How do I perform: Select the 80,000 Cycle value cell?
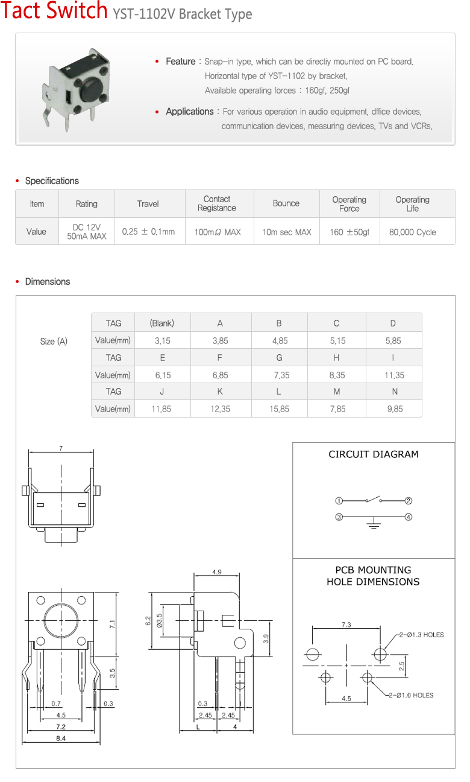pos(413,232)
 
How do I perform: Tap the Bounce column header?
pos(286,203)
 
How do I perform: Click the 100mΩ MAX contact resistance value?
pos(217,232)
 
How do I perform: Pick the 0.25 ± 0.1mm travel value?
pos(148,232)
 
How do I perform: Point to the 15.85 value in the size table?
pos(279,409)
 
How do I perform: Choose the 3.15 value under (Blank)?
pos(163,341)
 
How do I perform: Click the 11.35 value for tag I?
pos(394,375)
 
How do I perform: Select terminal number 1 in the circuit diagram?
pos(339,501)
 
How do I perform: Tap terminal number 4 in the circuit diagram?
pos(409,517)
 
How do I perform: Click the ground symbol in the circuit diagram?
pos(374,524)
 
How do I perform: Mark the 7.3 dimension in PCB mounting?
pos(346,625)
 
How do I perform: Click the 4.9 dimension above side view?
pos(216,572)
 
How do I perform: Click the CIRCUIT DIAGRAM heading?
pos(374,454)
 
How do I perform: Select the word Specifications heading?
pos(52,181)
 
